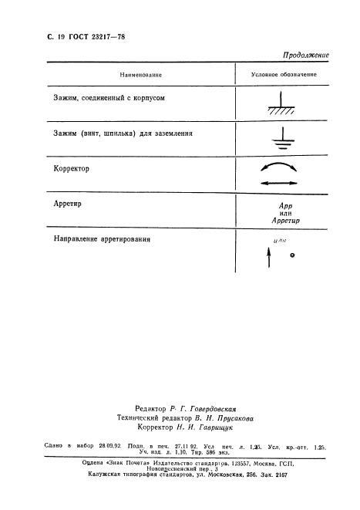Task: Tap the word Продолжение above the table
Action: click(306, 55)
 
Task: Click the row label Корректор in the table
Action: click(72, 168)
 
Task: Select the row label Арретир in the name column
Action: click(69, 204)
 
